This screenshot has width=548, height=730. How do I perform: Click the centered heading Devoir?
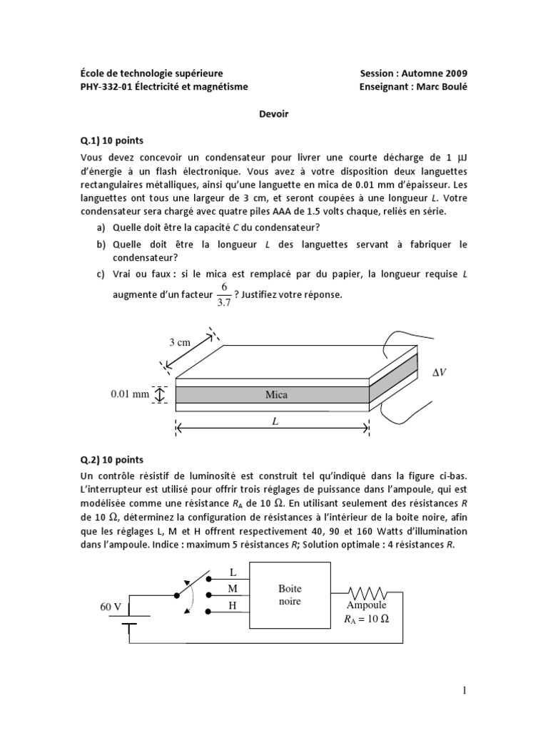click(274, 114)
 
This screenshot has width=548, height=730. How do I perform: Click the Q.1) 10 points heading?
click(112, 140)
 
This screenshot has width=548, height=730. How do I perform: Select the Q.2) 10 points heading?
click(112, 460)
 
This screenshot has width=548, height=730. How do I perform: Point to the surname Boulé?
click(455, 87)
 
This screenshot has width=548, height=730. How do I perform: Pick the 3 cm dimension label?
click(179, 342)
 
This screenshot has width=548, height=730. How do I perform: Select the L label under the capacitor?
click(273, 421)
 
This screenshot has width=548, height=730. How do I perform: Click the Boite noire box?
click(290, 595)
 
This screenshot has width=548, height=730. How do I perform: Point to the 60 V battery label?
click(111, 607)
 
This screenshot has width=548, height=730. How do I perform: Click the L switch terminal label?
click(232, 572)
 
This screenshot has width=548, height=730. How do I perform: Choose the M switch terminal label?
click(232, 590)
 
